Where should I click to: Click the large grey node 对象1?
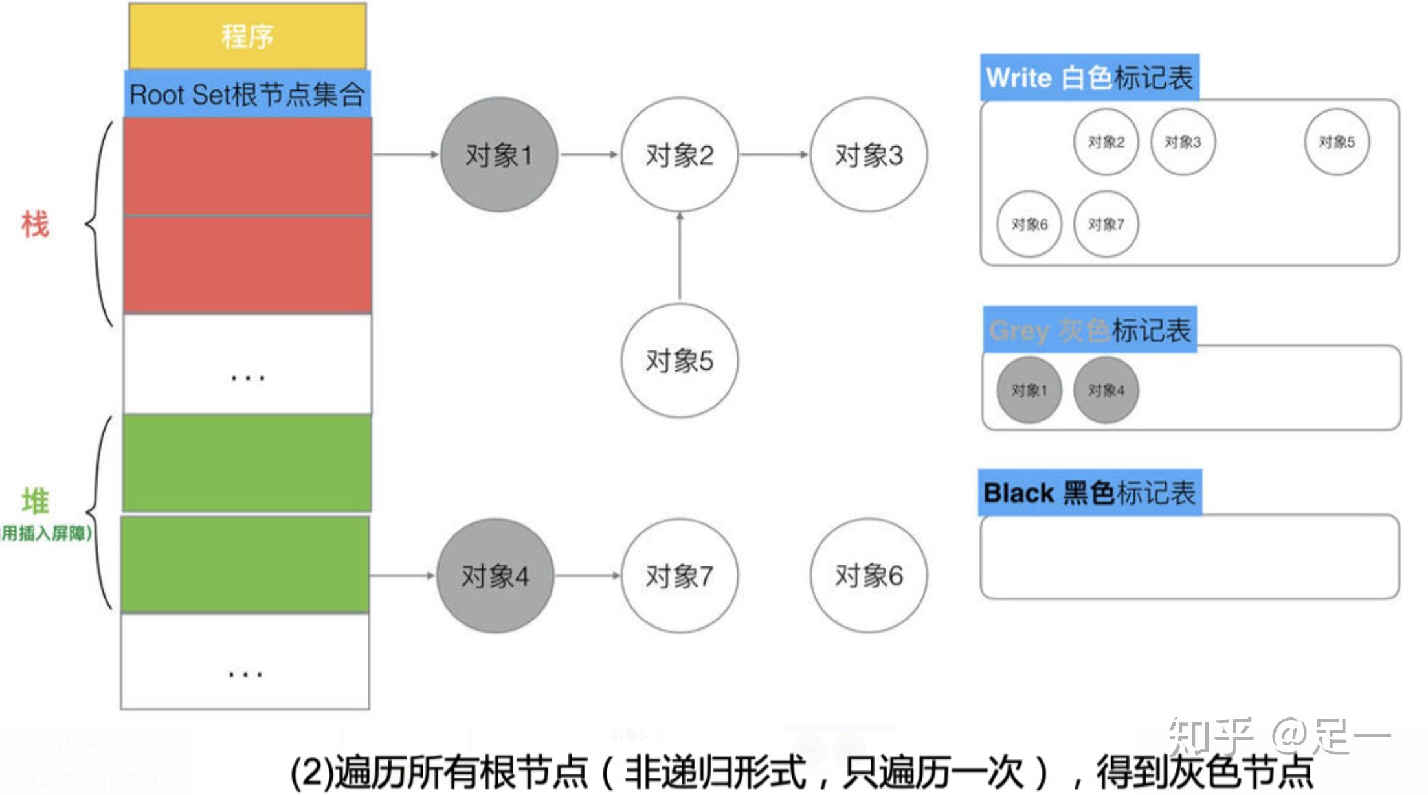(498, 155)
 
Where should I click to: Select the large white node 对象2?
(679, 155)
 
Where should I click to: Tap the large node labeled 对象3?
(868, 155)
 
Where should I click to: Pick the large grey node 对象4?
(495, 576)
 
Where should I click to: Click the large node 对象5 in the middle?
(679, 361)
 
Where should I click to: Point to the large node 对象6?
(868, 576)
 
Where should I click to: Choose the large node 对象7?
(679, 576)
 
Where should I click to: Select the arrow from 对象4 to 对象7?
(587, 576)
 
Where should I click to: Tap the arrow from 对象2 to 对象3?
(774, 155)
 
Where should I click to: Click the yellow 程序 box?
(247, 36)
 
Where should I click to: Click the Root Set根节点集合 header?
(247, 95)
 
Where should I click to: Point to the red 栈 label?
(35, 225)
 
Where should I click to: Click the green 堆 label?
(35, 501)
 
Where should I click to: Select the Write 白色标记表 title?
(1089, 78)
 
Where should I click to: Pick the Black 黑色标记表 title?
(1089, 493)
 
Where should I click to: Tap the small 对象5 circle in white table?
(1337, 142)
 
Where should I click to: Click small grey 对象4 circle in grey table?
(1106, 390)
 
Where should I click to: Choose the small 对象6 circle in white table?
(1029, 225)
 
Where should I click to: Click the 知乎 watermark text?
(1209, 737)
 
